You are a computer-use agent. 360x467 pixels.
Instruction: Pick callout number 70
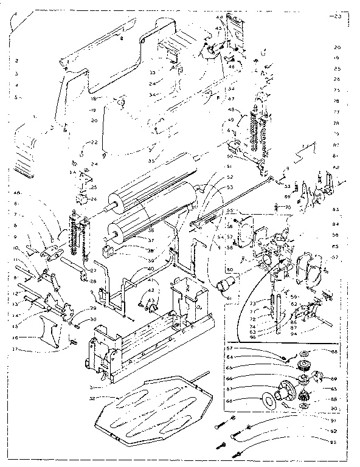point(288,207)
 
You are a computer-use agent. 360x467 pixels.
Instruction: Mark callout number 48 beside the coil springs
point(231,109)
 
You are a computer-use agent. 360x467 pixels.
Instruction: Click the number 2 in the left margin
point(18,61)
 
